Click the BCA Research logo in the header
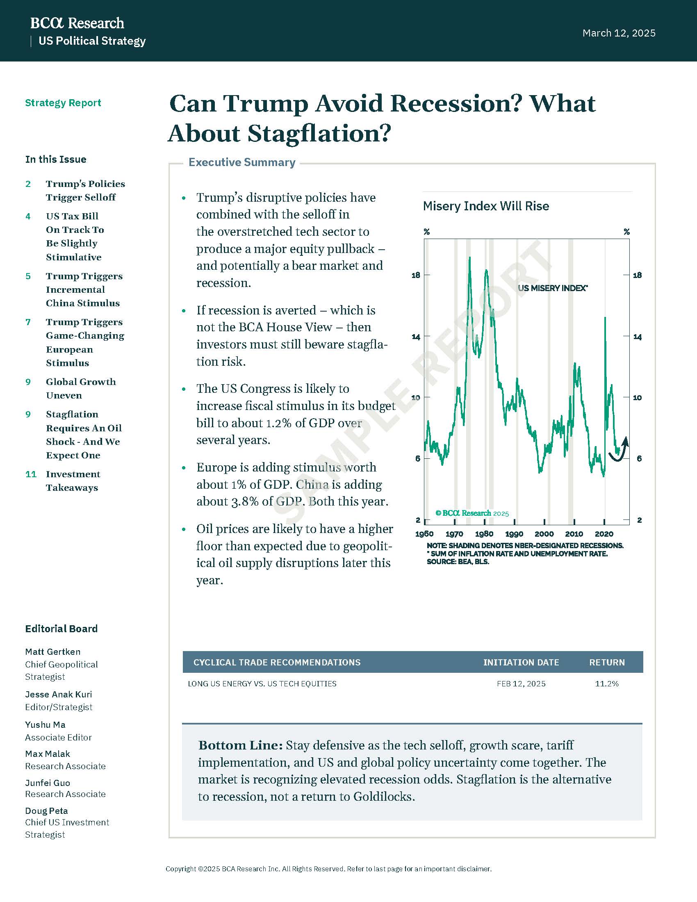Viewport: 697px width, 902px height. (77, 23)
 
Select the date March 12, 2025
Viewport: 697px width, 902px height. (619, 33)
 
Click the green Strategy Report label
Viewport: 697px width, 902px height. (63, 103)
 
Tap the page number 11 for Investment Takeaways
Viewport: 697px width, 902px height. (31, 474)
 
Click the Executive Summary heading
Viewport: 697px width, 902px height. (242, 162)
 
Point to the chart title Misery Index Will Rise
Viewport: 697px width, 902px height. (486, 206)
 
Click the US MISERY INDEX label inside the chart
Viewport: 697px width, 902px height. (553, 288)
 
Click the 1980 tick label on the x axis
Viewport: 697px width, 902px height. (484, 534)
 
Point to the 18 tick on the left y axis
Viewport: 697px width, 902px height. (416, 275)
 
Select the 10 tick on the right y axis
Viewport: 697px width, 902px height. (637, 398)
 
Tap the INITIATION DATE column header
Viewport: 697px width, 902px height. (521, 663)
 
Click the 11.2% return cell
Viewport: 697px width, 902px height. (606, 684)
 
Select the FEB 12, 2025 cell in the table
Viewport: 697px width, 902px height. (521, 684)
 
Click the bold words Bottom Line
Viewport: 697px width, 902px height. (240, 745)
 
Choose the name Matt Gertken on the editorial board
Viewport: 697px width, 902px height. (53, 652)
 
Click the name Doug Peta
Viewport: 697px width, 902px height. (46, 811)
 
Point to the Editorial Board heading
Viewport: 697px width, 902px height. (61, 629)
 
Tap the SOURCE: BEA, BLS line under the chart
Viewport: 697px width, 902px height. (458, 562)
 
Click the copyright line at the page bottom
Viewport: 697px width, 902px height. (329, 869)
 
